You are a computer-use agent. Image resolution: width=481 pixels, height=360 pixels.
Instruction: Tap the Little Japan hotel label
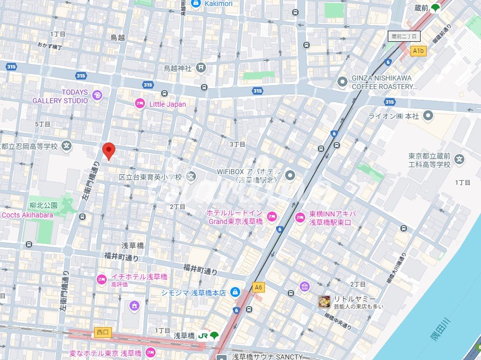[167, 104]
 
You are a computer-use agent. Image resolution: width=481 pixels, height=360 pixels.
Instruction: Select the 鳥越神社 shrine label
[178, 67]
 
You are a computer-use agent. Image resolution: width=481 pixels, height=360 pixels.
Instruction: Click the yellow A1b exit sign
[419, 51]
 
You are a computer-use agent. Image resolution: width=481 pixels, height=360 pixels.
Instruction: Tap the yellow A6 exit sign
[258, 287]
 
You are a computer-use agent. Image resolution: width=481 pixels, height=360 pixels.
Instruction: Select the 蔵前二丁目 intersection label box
[404, 36]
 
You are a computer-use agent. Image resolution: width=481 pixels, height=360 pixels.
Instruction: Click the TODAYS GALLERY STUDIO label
[60, 96]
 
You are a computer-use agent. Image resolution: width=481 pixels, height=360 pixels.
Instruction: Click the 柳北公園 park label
[44, 205]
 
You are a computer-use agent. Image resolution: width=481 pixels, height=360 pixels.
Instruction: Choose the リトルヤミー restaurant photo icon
[325, 302]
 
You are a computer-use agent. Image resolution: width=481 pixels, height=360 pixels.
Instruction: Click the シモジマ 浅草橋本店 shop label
[193, 293]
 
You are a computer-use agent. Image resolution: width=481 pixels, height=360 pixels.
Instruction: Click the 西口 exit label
[101, 333]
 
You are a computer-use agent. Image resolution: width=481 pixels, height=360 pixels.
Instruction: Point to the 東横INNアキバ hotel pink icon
[300, 218]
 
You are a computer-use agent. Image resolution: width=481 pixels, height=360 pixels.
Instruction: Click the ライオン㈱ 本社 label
[400, 116]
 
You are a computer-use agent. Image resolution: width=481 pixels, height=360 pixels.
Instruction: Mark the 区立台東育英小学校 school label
[150, 177]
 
